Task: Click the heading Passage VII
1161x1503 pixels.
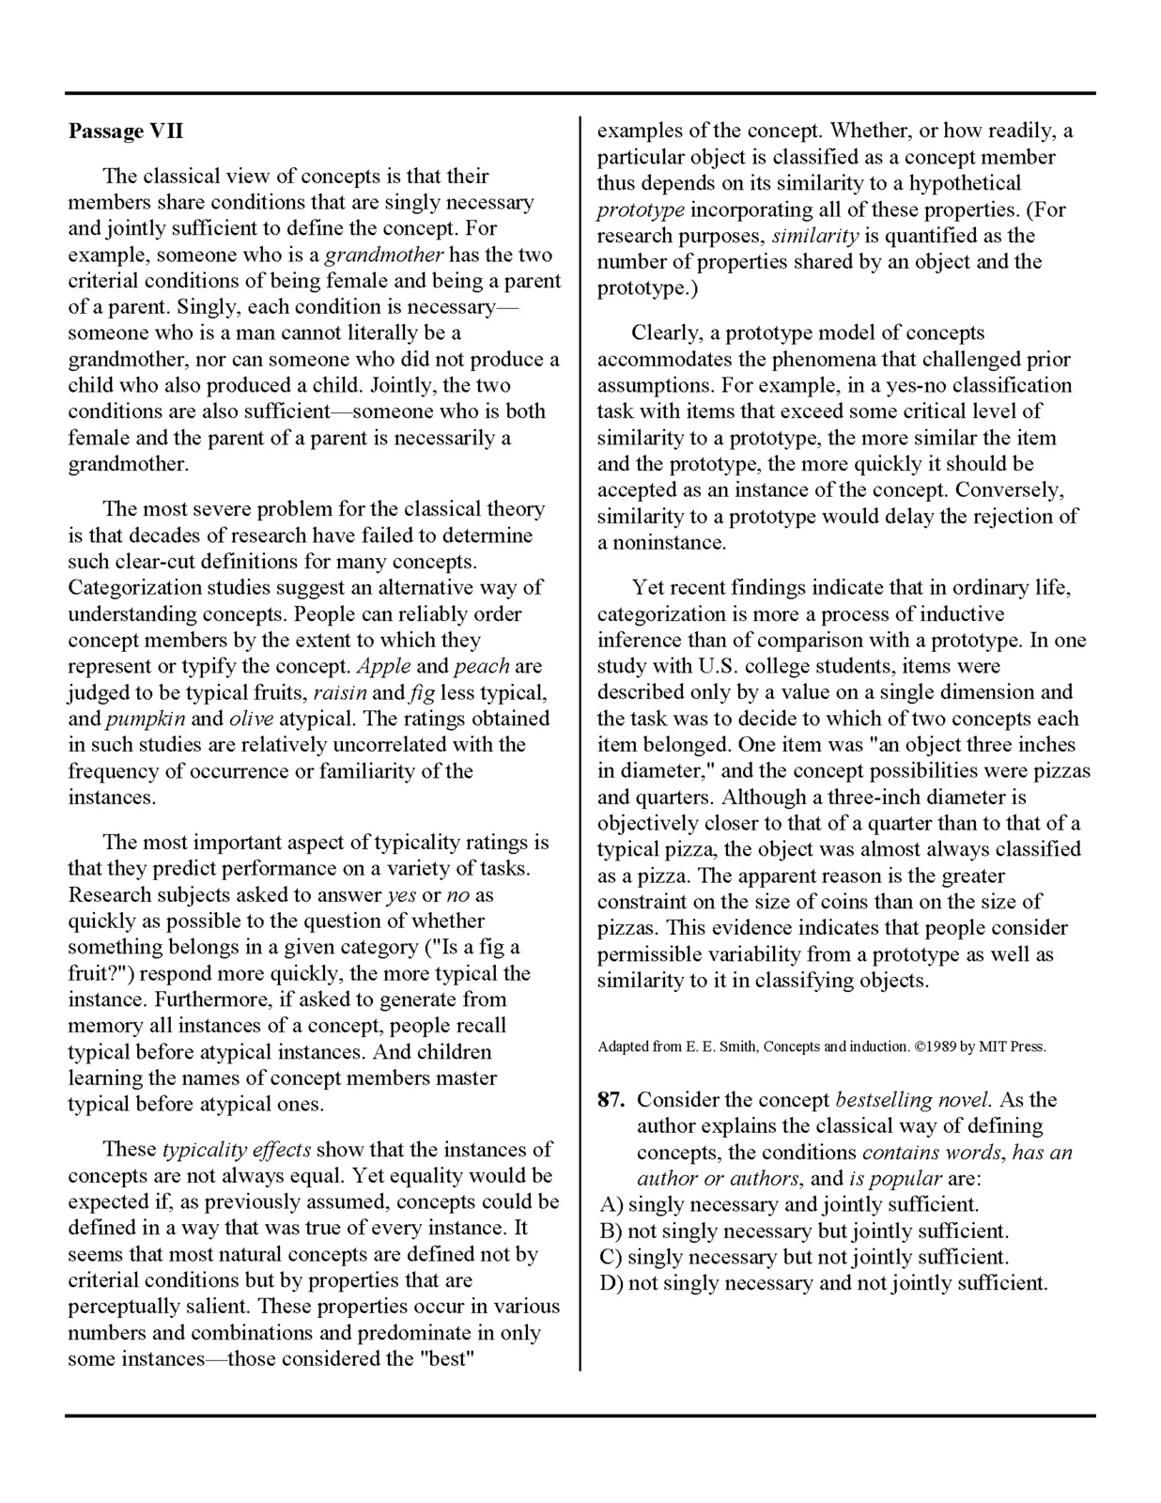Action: [118, 132]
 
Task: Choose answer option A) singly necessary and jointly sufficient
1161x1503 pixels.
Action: [789, 1204]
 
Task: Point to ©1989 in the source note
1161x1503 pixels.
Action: [927, 1046]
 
